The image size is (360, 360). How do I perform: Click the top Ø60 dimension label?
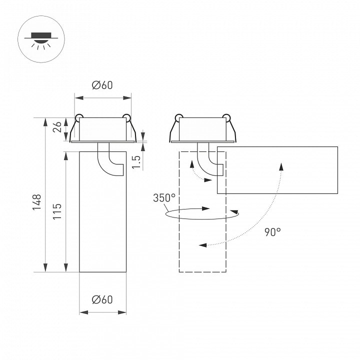point(102,85)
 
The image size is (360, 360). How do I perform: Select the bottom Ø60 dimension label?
point(102,300)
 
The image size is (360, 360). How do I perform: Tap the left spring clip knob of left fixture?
point(78,118)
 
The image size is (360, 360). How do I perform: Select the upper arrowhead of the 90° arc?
point(281,166)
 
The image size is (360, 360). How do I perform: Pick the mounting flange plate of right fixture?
point(202,141)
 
